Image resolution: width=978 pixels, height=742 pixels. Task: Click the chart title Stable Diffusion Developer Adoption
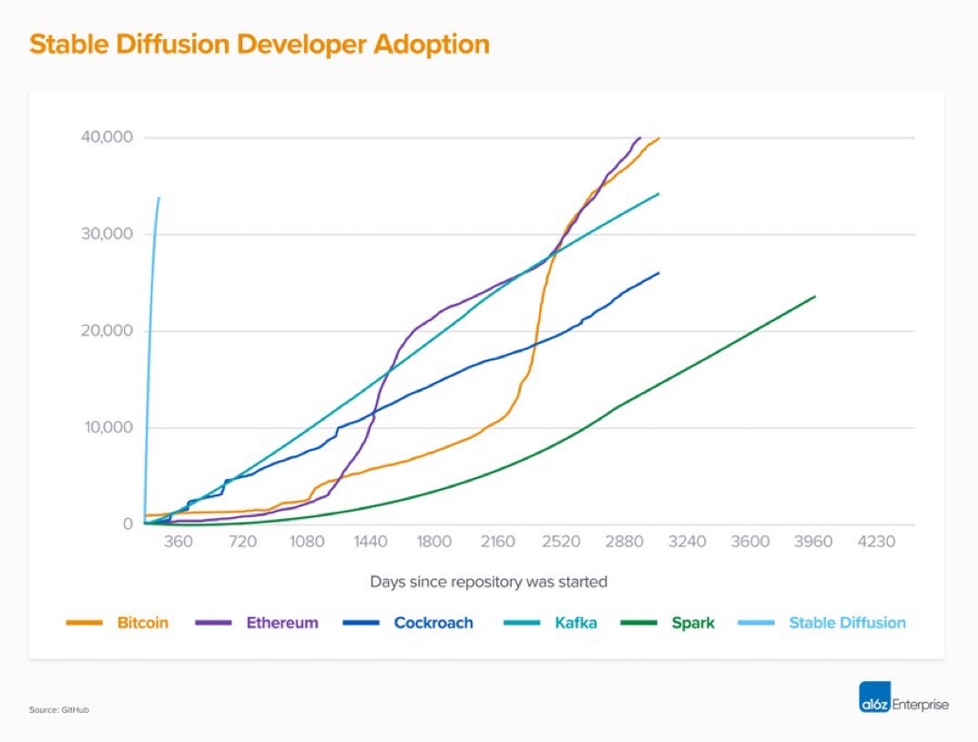(260, 45)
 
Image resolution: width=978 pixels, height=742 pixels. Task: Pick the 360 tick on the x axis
(178, 542)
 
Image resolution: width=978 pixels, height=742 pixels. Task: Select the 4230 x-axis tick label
(876, 542)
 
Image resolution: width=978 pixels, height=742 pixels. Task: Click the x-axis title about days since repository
(488, 581)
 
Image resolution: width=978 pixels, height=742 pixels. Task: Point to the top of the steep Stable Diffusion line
(159, 198)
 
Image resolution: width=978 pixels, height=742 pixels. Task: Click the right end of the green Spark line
(815, 296)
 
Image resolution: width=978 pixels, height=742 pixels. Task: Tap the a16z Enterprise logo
(903, 705)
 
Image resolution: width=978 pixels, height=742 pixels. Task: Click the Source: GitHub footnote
(59, 709)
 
